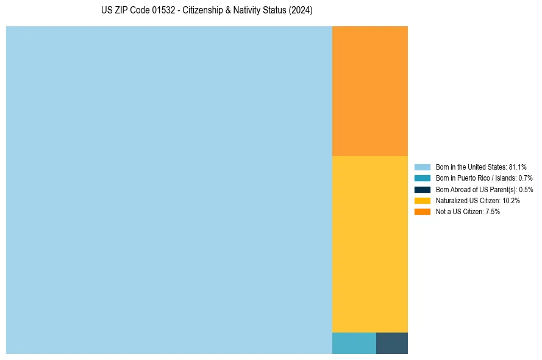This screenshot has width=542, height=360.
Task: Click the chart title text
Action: click(x=207, y=11)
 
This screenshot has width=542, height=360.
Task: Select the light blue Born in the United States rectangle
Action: click(x=169, y=190)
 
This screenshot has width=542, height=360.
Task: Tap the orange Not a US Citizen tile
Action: click(x=369, y=91)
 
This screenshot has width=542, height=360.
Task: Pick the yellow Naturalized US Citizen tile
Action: click(x=369, y=244)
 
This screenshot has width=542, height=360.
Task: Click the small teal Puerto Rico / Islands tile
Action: click(x=354, y=343)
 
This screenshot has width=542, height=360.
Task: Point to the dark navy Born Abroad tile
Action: click(x=391, y=343)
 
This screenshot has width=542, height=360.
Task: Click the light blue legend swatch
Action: click(x=422, y=167)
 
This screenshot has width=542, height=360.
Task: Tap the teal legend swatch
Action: click(x=422, y=178)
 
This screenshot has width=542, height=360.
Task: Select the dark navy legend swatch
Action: click(x=422, y=189)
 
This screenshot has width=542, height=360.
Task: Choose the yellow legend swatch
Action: click(x=422, y=200)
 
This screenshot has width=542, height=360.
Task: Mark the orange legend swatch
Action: click(x=422, y=211)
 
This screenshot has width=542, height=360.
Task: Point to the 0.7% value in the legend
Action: click(x=526, y=178)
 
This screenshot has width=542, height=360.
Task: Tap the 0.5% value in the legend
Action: click(x=526, y=189)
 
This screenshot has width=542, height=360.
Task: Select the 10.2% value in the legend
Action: click(x=511, y=200)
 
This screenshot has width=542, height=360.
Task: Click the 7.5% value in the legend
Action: click(x=493, y=211)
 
